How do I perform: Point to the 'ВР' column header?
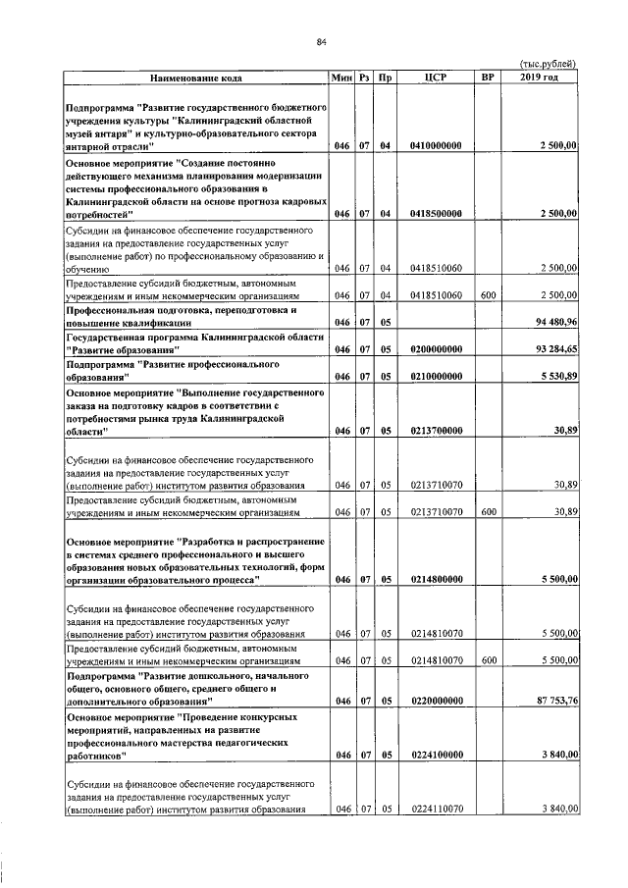click(486, 77)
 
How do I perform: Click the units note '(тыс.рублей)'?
click(546, 64)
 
